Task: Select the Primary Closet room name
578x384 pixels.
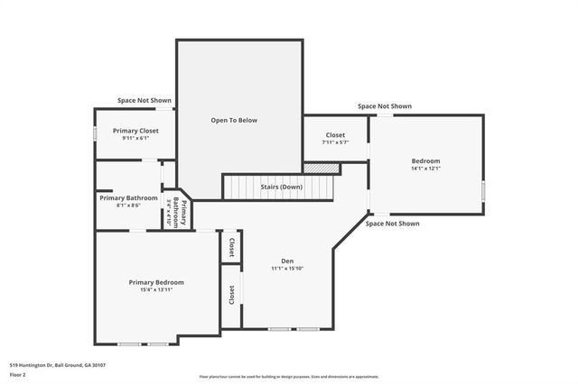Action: pyautogui.click(x=135, y=131)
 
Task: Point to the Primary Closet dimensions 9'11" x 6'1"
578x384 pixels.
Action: pyautogui.click(x=135, y=139)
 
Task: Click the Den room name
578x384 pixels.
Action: pyautogui.click(x=287, y=261)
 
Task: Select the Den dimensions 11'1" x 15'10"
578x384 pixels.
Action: pyautogui.click(x=287, y=269)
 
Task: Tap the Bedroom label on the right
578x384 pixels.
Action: pyautogui.click(x=425, y=160)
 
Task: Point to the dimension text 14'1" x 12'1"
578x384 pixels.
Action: pyautogui.click(x=425, y=169)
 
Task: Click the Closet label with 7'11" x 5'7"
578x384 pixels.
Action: pyautogui.click(x=335, y=135)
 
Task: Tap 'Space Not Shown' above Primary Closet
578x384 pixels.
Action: pyautogui.click(x=144, y=100)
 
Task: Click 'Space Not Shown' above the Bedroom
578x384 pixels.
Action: pyautogui.click(x=384, y=106)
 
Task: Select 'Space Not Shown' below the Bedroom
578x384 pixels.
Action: pyautogui.click(x=392, y=223)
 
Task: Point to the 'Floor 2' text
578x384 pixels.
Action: pyautogui.click(x=19, y=375)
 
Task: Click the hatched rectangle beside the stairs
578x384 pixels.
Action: pyautogui.click(x=321, y=168)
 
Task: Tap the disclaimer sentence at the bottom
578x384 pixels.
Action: pyautogui.click(x=289, y=376)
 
